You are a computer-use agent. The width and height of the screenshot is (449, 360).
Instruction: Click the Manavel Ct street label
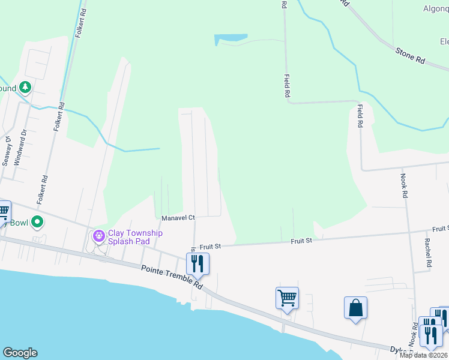click(178, 217)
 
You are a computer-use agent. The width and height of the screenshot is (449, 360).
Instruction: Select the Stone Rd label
click(410, 56)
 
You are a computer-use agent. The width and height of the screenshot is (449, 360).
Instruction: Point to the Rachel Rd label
click(428, 252)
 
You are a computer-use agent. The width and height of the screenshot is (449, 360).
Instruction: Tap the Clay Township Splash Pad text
click(135, 237)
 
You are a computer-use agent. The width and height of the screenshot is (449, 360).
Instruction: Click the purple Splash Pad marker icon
click(98, 236)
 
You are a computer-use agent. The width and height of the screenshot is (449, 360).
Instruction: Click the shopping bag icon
click(355, 308)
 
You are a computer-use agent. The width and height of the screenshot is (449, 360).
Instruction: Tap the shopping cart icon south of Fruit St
click(287, 297)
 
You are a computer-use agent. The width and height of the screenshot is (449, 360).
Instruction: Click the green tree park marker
click(25, 88)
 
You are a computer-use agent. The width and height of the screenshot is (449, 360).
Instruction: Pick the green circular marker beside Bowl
click(37, 223)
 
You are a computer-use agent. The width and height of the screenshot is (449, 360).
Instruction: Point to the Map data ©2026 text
click(424, 355)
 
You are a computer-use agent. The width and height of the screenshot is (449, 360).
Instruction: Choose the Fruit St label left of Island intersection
click(211, 246)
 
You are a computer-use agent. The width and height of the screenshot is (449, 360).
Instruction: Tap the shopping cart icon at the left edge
click(3, 212)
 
